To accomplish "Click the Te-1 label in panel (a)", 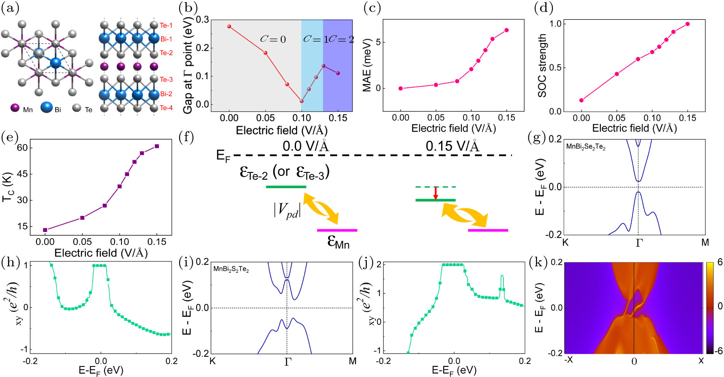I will [x=166, y=26].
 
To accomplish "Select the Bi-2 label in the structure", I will [x=166, y=94].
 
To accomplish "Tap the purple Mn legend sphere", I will [x=15, y=108].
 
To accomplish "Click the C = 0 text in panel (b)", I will [x=273, y=40].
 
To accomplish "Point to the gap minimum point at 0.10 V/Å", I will [x=301, y=101].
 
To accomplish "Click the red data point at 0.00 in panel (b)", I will [x=229, y=26].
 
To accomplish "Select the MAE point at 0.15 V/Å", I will [x=506, y=30].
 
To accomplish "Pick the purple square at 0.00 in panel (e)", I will [x=45, y=230].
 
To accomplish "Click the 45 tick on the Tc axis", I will [x=22, y=174].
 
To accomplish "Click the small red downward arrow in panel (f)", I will [x=436, y=193].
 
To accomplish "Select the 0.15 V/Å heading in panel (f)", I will [x=452, y=146].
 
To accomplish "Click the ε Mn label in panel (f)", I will [x=338, y=242].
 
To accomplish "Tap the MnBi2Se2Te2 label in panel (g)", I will [x=586, y=147].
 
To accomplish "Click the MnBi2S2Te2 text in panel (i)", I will [x=231, y=269].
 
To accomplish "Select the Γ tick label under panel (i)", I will [x=288, y=362].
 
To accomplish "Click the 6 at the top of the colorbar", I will [x=720, y=262].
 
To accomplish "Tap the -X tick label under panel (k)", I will [x=568, y=361].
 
